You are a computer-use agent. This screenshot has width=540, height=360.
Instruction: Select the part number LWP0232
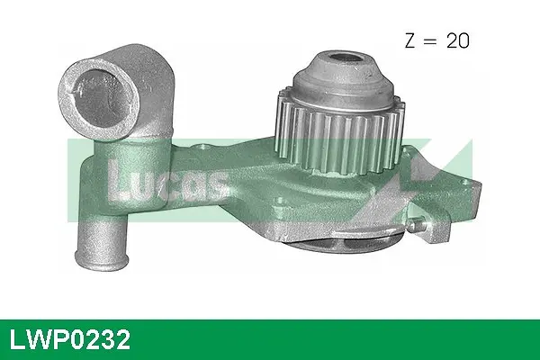tap(69, 339)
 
